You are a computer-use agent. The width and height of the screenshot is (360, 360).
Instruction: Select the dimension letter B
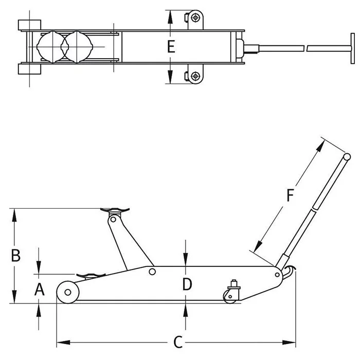(x=16, y=255)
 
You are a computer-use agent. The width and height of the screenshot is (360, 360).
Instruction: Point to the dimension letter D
(x=187, y=283)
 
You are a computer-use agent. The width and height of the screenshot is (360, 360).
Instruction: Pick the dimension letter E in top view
(x=171, y=47)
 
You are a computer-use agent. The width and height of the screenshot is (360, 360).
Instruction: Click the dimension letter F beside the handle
(x=290, y=195)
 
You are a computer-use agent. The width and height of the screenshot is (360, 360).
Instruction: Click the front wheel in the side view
(x=67, y=292)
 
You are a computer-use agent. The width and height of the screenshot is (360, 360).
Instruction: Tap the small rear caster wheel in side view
(x=229, y=294)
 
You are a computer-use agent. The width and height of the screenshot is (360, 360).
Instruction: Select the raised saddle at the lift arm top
(x=116, y=209)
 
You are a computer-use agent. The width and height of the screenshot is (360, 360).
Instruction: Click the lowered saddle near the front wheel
(x=89, y=276)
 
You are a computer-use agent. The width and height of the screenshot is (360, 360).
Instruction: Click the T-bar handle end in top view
(x=353, y=48)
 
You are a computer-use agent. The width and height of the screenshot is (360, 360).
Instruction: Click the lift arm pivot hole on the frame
(x=152, y=271)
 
